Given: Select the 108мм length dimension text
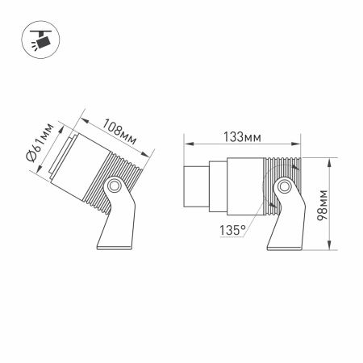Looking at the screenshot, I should point(119,132).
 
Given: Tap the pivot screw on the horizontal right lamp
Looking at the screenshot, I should point(284,189).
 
